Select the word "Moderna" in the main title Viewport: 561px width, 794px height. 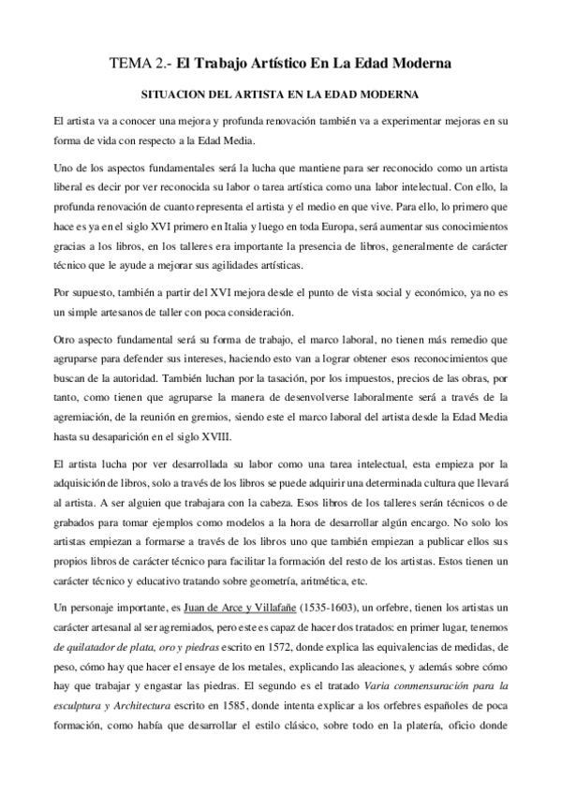[417, 64]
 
